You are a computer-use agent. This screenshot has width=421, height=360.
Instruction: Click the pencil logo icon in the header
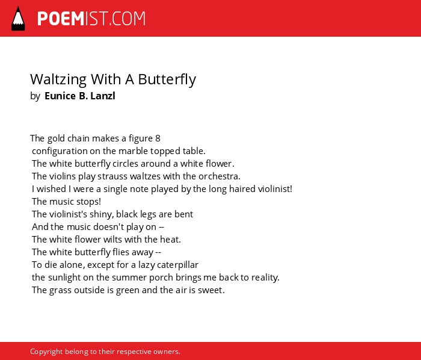(x=18, y=19)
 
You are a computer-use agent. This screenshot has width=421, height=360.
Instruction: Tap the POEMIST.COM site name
(x=91, y=19)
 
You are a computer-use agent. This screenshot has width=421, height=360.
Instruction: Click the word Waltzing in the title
(x=58, y=80)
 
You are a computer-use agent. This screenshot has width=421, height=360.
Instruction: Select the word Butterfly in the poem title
(x=167, y=80)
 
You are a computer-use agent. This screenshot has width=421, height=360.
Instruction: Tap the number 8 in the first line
(x=158, y=138)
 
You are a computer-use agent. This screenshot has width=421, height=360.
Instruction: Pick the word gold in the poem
(x=56, y=139)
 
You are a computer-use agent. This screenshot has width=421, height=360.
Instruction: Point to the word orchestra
(x=220, y=176)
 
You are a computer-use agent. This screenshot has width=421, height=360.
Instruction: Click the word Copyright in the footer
(x=46, y=352)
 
